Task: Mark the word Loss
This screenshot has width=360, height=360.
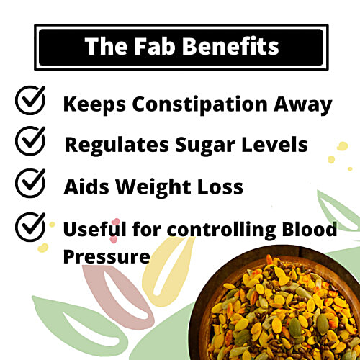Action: [219, 186]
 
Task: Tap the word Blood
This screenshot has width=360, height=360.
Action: [309, 230]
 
